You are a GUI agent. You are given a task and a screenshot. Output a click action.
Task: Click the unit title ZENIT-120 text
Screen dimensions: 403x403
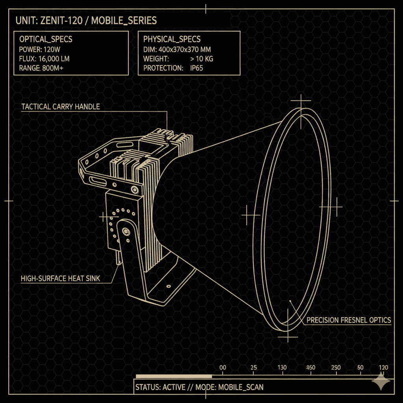point(61,20)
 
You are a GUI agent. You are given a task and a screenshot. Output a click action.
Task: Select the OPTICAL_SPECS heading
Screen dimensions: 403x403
point(46,39)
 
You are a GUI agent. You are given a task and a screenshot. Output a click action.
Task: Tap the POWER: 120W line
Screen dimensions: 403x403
point(40,50)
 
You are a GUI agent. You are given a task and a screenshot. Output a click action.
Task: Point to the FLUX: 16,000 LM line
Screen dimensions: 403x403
point(44,59)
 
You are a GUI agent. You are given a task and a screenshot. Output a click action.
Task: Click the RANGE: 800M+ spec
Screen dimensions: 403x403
point(41,68)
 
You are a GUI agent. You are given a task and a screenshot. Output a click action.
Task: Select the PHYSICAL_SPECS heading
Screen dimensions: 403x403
point(172,39)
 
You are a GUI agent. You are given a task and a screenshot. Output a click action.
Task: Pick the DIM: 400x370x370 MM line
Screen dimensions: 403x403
point(177,50)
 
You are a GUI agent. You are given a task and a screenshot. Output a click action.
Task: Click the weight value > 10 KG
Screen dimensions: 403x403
point(202,59)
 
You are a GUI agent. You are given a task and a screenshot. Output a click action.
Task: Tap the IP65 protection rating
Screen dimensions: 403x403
point(197,68)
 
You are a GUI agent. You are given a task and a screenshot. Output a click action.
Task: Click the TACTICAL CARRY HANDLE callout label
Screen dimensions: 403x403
point(60,107)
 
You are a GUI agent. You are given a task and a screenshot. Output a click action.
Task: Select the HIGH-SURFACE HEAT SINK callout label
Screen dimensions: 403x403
point(60,279)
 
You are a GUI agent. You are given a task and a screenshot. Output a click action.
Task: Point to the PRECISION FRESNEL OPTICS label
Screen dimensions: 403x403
point(349,320)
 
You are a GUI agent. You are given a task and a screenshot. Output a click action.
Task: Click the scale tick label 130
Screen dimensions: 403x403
point(282,368)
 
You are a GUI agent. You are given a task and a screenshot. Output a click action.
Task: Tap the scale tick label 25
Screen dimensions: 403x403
point(254,368)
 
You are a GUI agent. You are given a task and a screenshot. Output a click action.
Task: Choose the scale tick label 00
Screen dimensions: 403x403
point(223,368)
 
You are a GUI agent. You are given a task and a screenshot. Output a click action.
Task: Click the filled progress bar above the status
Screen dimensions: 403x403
point(174,377)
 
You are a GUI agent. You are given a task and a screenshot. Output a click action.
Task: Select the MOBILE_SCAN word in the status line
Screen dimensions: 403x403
point(241,387)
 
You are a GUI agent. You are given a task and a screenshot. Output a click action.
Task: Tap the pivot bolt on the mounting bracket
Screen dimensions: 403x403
point(126,231)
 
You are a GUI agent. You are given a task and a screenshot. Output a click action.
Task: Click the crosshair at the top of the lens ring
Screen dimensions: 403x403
point(301,101)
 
